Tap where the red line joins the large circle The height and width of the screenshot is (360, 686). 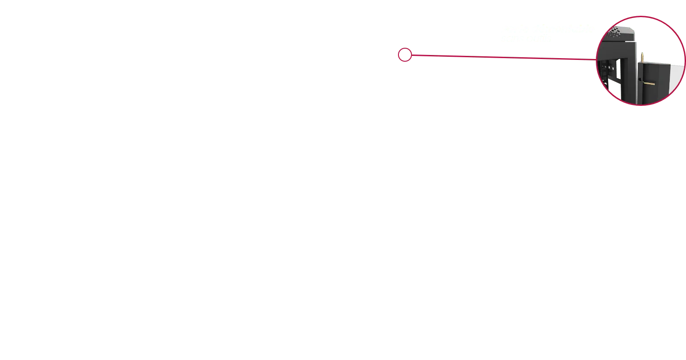coord(596,59)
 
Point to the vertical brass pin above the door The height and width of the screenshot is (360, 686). coord(642,57)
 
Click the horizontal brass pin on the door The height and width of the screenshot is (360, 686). coord(650,83)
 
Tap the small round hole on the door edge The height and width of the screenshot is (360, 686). coord(640,79)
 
